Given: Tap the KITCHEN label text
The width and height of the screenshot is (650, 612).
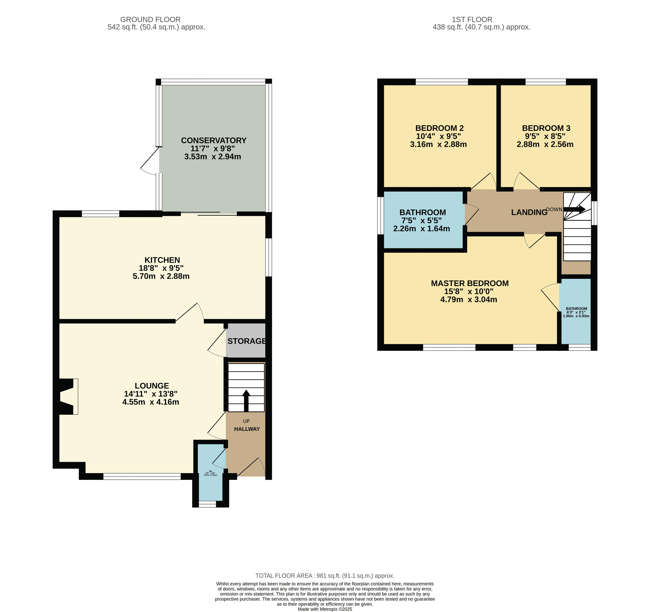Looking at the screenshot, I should coord(162,260).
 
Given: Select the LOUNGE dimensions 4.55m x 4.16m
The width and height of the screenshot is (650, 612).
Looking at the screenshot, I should coord(151,402).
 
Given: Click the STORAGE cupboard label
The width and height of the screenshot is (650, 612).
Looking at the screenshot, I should coord(247,341).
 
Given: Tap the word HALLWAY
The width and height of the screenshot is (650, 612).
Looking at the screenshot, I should coord(247,429).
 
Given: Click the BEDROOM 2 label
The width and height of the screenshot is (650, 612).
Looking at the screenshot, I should coord(439,128).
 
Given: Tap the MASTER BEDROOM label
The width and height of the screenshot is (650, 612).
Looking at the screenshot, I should coord(469,283).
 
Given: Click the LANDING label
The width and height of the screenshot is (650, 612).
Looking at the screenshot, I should coord(529,212).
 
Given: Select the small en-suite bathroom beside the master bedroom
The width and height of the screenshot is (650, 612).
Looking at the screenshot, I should coord(576,312).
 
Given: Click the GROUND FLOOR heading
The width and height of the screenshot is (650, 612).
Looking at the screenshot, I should coord(150,20).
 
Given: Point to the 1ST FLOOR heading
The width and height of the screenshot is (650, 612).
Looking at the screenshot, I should coord(472,20).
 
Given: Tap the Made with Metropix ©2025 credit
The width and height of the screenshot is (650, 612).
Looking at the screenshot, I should coord(325,609).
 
